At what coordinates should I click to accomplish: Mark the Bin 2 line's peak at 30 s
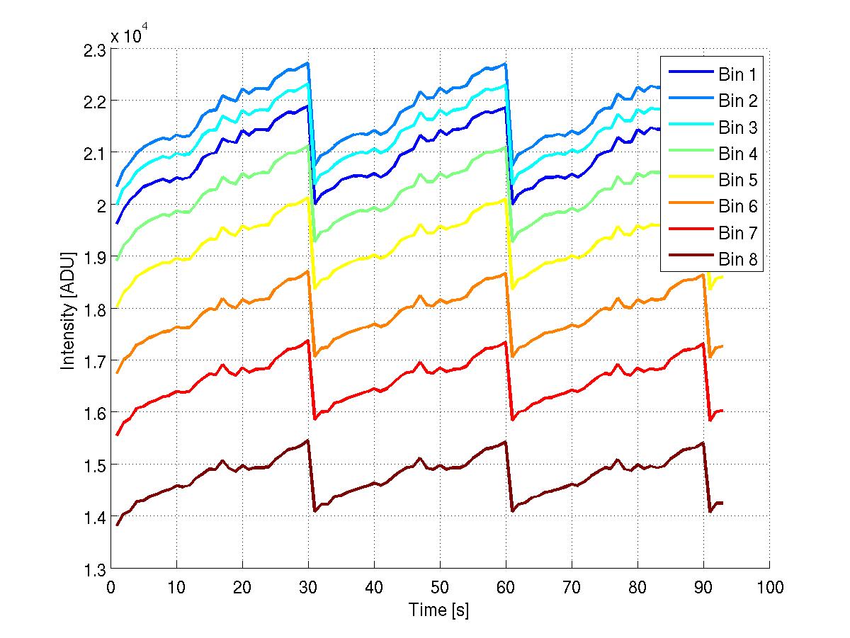point(308,63)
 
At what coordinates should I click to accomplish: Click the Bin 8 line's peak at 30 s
point(308,440)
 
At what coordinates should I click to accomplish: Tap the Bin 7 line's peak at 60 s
point(506,341)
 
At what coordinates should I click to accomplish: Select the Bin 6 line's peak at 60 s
point(506,273)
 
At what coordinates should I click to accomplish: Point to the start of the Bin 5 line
point(118,307)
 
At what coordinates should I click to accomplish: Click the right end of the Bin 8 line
point(723,503)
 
